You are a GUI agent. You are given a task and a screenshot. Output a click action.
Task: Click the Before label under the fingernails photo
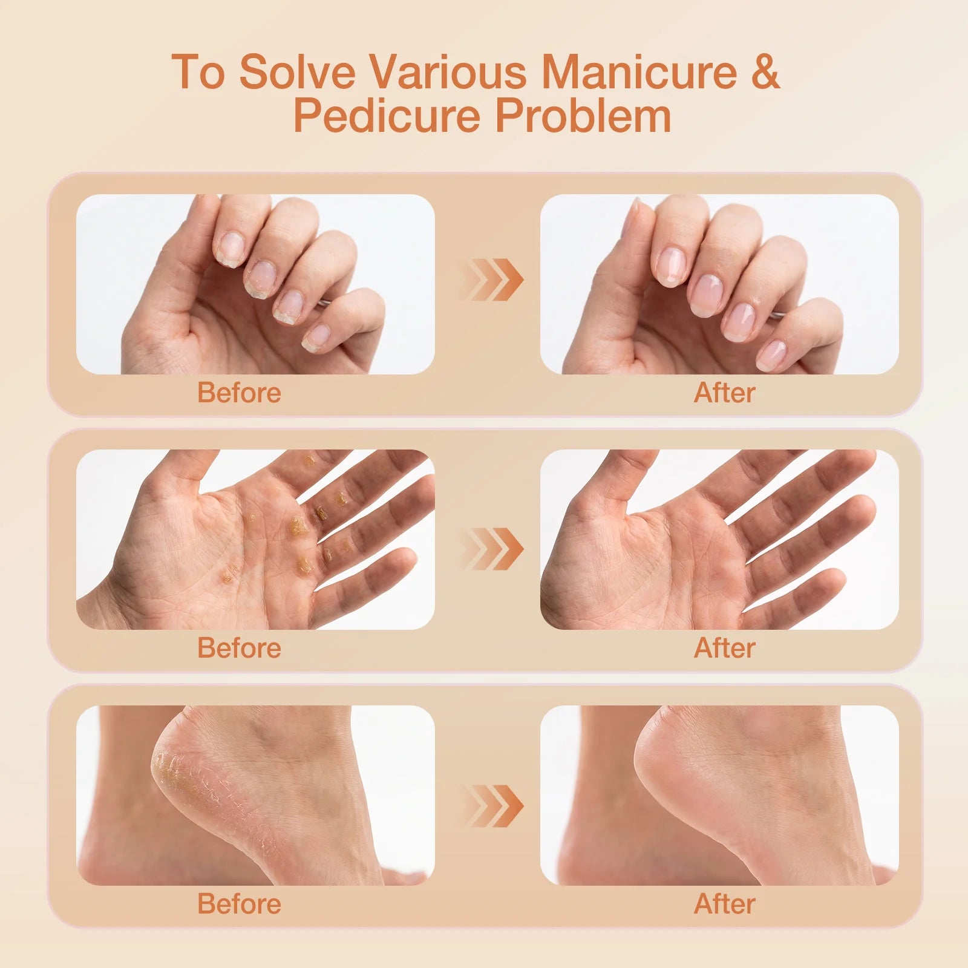239,393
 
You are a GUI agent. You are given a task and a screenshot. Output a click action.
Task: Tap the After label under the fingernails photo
724,393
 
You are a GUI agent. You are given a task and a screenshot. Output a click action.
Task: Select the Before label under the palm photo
239,648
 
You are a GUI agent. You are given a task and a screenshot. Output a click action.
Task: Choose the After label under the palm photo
724,648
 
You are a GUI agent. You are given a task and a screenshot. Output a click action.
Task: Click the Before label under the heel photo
239,904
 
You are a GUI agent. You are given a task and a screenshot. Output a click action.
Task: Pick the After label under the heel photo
724,904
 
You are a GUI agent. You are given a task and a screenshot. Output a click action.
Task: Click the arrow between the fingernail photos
491,280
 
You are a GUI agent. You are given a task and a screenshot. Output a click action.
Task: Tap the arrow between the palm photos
491,549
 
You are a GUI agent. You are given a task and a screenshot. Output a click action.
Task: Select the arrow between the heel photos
491,806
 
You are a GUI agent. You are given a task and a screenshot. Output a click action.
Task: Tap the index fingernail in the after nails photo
671,266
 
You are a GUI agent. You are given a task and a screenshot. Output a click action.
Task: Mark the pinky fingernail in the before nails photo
316,338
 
